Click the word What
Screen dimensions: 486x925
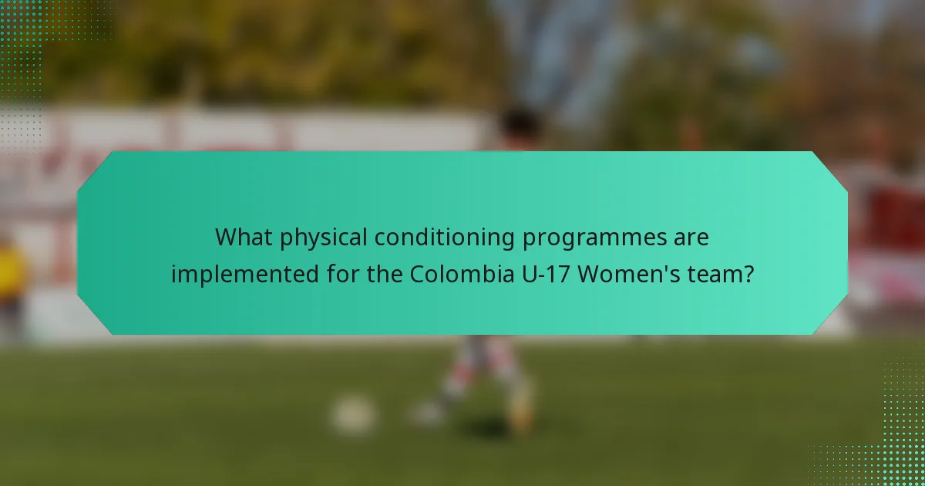(x=244, y=238)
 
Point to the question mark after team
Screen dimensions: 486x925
(x=748, y=273)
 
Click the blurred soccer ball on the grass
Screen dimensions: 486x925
(x=354, y=414)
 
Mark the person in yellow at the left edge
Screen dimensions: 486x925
(x=12, y=278)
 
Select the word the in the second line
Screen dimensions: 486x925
(x=360, y=273)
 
